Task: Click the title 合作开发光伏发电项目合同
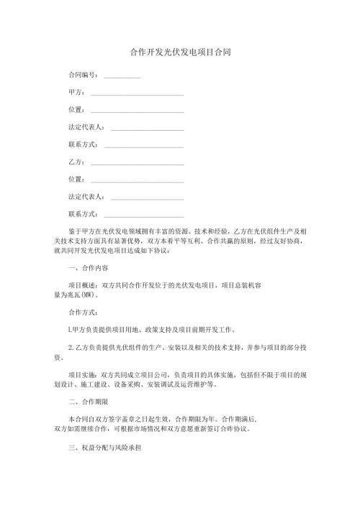[180, 53]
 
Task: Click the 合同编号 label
[83, 75]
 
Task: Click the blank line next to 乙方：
[136, 163]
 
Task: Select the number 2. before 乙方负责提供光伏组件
[70, 347]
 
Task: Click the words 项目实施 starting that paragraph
[80, 374]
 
